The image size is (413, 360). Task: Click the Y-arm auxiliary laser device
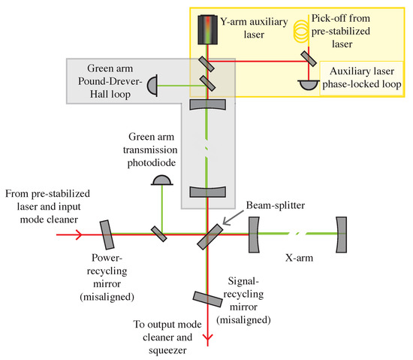208,29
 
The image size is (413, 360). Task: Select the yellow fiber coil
301,32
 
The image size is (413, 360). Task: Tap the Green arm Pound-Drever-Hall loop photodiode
152,86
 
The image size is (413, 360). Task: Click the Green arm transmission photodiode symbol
161,180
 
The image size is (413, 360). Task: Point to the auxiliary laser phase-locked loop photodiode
309,85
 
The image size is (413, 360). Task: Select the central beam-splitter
210,237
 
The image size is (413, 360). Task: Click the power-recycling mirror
107,234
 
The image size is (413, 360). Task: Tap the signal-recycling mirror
207,299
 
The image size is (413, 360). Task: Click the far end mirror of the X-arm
342,234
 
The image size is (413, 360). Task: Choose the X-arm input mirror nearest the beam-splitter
254,234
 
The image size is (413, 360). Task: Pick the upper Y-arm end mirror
207,104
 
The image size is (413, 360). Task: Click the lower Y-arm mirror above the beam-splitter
207,192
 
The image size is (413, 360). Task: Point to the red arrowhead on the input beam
79,234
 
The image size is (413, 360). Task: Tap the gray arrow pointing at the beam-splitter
233,218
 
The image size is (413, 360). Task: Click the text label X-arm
299,258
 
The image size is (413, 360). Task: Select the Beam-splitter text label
276,205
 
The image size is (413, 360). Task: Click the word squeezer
167,350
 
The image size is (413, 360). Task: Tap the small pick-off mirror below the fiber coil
309,59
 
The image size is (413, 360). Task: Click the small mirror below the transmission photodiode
159,234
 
